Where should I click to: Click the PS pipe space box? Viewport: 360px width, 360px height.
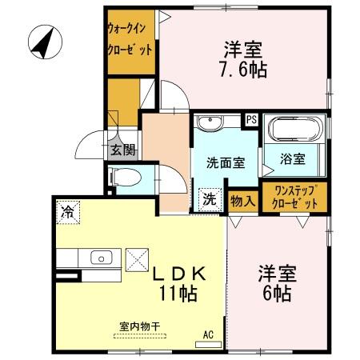click(251, 120)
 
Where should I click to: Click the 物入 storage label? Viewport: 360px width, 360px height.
click(242, 200)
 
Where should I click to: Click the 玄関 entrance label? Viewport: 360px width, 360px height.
click(122, 148)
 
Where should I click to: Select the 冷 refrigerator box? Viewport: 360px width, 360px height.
click(68, 212)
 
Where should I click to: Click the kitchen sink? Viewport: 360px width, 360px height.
click(101, 258)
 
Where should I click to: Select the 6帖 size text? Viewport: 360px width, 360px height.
click(277, 292)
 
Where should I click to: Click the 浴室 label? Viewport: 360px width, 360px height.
click(294, 158)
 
